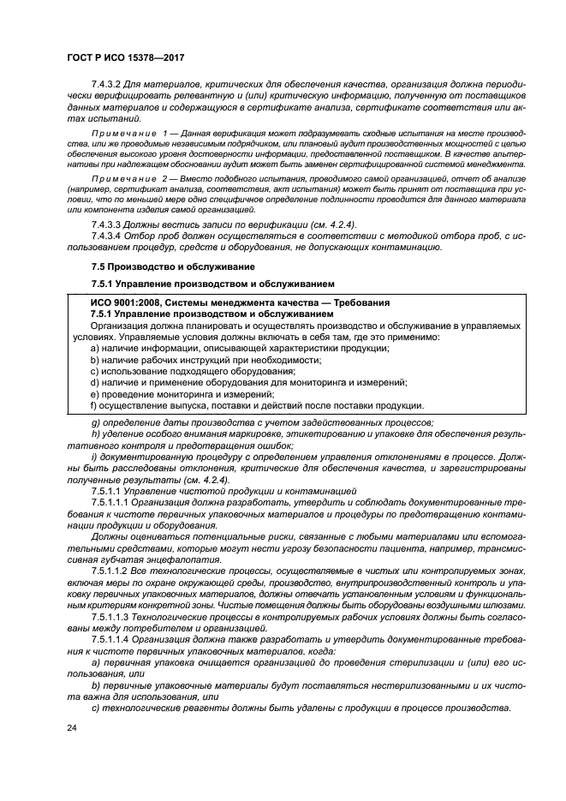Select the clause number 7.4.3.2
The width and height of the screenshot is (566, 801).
(109, 84)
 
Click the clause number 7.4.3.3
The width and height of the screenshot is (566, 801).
(109, 224)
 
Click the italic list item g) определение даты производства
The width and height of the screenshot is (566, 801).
(262, 421)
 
